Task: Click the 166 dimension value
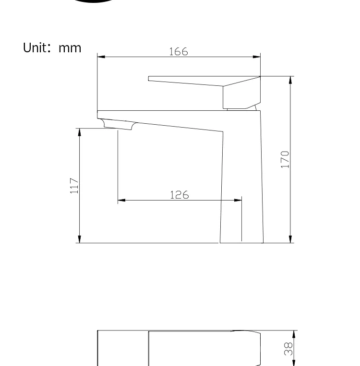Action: pos(179,51)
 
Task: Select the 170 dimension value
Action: pos(285,159)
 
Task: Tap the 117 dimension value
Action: pos(74,186)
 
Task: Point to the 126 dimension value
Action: pos(179,195)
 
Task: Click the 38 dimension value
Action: pos(288,349)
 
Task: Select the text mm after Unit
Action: pos(70,48)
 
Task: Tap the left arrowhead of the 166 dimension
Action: pos(101,57)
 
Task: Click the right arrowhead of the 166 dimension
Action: pos(257,57)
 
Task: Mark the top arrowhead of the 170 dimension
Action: pos(290,80)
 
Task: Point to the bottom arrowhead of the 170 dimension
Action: pos(290,239)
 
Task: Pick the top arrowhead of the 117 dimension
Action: pos(79,132)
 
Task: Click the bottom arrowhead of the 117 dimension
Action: pos(79,239)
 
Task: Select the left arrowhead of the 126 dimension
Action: pos(121,200)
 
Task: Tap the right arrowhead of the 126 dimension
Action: pos(238,200)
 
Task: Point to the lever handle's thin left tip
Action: pos(150,78)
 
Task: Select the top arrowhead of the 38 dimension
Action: pos(293,334)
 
